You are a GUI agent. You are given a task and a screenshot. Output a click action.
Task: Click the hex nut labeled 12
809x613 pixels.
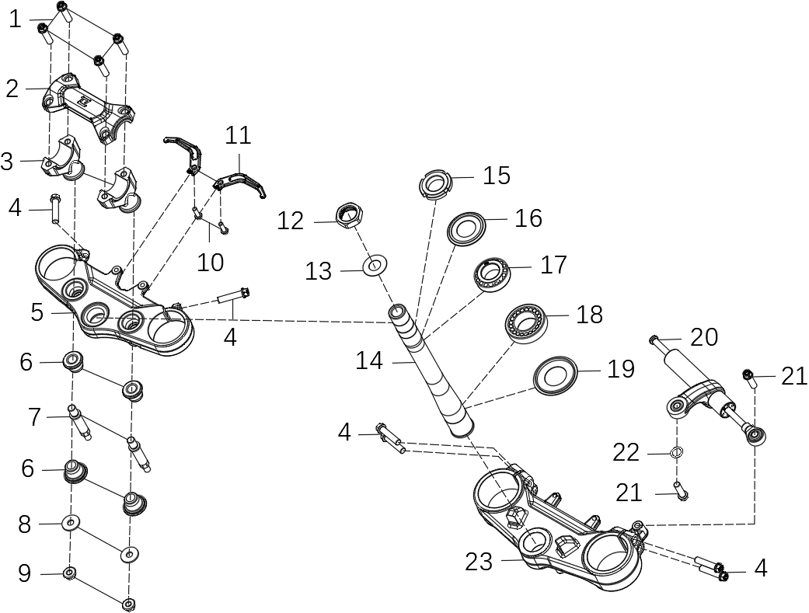click(x=350, y=214)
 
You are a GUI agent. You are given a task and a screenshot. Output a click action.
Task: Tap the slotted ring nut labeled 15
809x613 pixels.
click(x=435, y=185)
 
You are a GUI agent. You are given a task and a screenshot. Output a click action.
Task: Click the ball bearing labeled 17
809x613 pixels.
click(x=493, y=273)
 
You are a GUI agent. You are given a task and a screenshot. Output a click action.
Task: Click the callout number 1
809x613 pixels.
click(x=15, y=19)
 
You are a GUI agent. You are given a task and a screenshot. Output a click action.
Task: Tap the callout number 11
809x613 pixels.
click(x=239, y=135)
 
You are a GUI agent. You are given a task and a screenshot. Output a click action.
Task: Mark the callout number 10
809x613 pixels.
click(x=210, y=262)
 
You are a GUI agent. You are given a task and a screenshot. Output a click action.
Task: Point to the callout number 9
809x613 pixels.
click(x=25, y=574)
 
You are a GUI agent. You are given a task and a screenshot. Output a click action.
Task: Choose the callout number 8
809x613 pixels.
click(x=25, y=524)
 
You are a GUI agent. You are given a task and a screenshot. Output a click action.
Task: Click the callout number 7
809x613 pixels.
click(x=33, y=417)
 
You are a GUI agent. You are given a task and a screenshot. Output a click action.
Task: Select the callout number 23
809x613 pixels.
click(x=479, y=561)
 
